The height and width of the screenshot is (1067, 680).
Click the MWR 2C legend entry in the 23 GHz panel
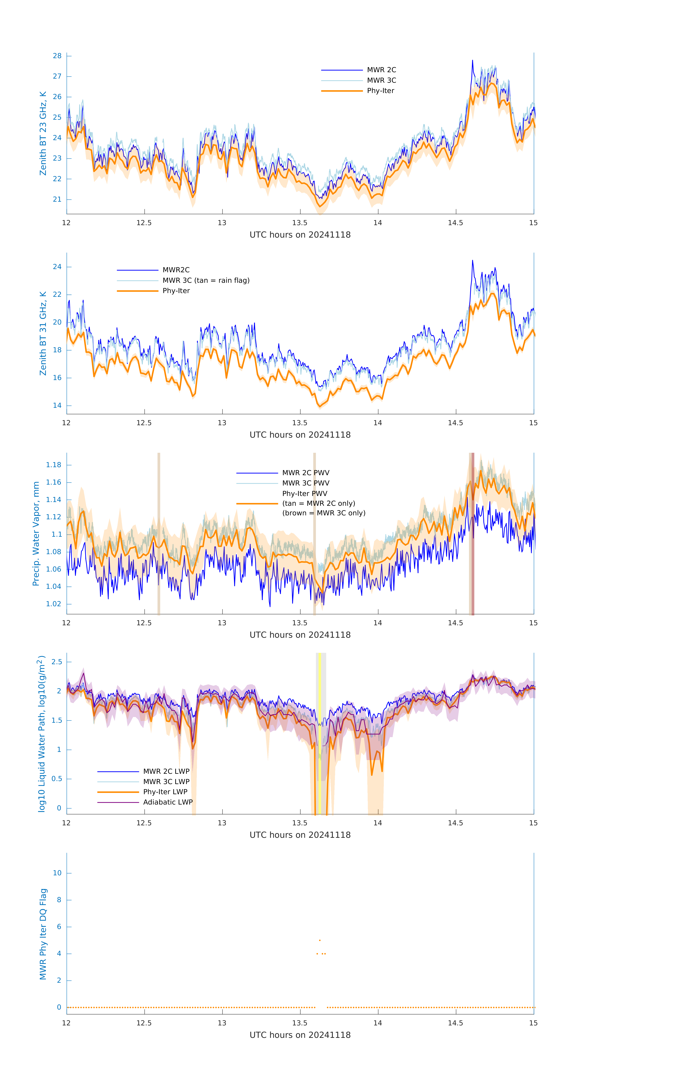tap(381, 70)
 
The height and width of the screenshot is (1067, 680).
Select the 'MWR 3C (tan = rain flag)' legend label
tap(206, 280)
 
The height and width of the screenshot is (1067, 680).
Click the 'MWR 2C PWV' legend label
tap(306, 473)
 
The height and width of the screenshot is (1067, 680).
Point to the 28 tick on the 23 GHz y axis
tap(57, 56)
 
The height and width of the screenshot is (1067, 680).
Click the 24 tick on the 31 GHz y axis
tap(57, 267)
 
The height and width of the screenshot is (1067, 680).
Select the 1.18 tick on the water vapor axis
tap(54, 465)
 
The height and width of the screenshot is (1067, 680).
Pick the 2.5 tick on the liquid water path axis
tap(57, 662)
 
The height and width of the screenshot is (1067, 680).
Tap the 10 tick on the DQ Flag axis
tap(57, 873)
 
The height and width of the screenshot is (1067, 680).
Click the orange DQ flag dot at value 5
tap(320, 940)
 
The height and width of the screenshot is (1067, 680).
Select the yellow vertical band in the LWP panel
tap(320, 733)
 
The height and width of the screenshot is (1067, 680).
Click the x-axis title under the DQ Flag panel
tap(300, 1035)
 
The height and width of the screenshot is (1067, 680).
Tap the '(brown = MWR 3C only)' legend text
tap(324, 513)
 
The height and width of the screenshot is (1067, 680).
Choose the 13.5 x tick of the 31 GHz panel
tap(300, 423)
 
